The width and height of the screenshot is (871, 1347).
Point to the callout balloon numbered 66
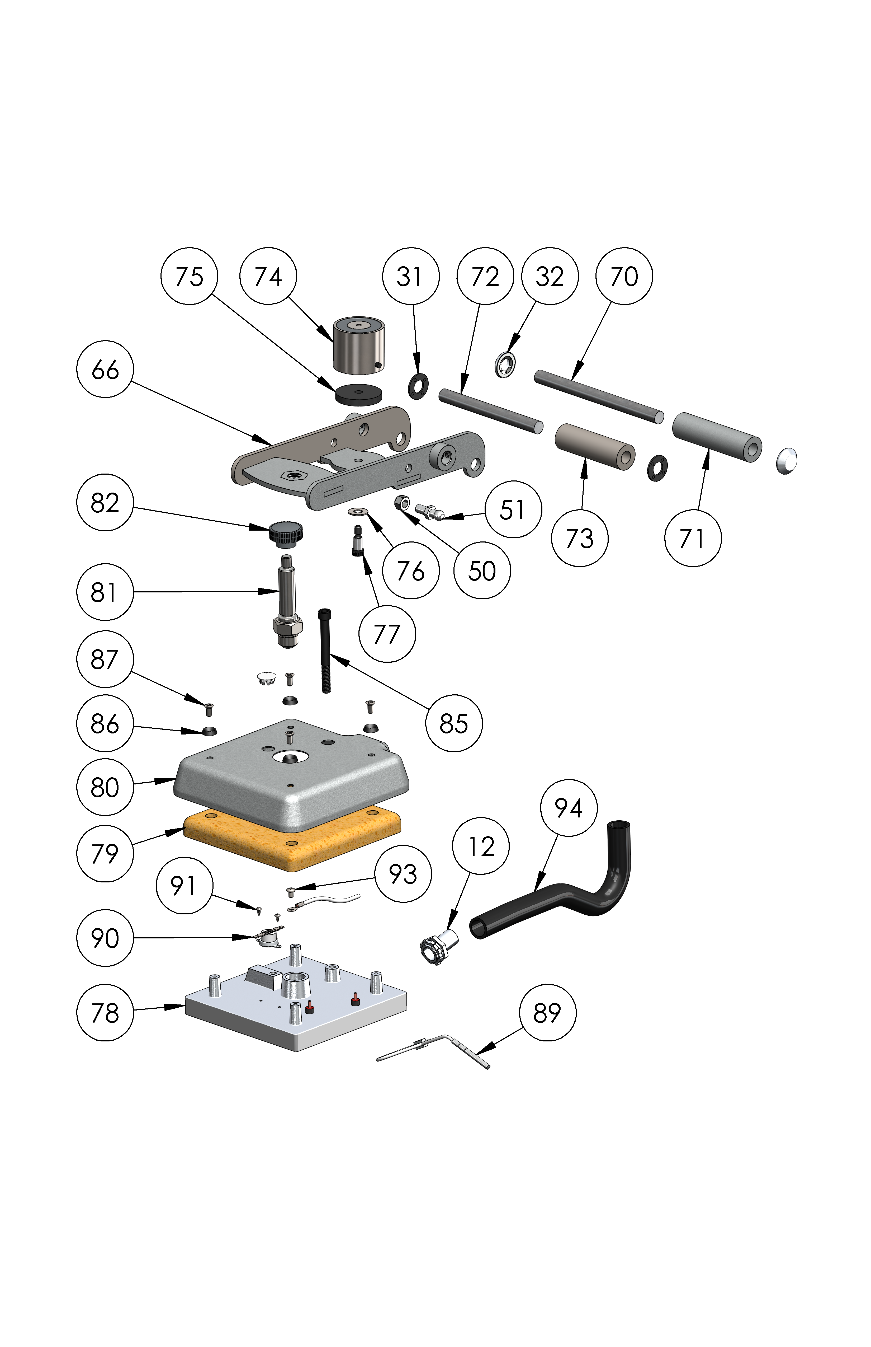(x=105, y=369)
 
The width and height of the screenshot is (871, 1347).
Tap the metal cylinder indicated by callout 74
(x=359, y=345)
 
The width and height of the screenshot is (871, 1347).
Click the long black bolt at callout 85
(x=325, y=651)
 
